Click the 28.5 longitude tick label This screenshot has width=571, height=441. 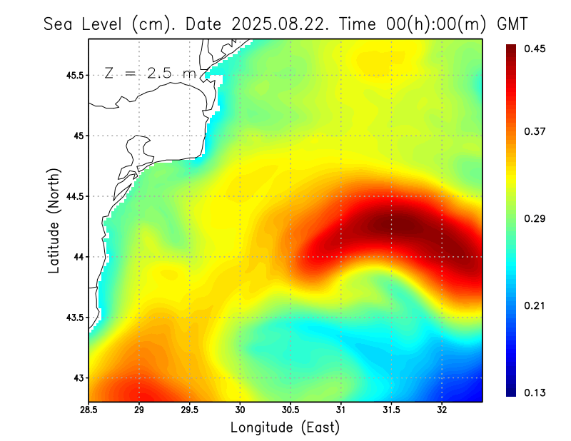click(89, 410)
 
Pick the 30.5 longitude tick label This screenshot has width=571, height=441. click(290, 410)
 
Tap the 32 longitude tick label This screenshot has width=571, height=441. click(442, 410)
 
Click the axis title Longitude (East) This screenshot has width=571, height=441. click(285, 427)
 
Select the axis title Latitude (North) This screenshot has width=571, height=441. click(54, 217)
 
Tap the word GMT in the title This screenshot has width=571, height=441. click(512, 24)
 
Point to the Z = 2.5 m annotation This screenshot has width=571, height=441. click(150, 73)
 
